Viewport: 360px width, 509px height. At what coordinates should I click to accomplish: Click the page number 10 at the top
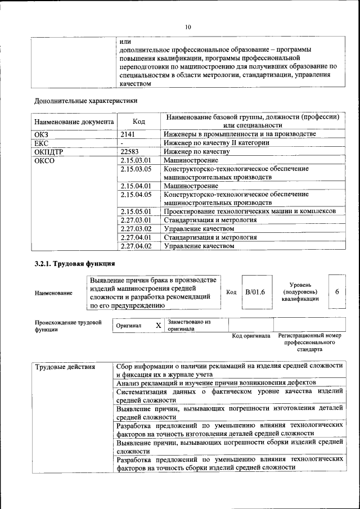(x=188, y=26)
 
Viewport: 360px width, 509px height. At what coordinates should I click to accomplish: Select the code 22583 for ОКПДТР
(x=131, y=152)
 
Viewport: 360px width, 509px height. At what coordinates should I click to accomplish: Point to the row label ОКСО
(x=44, y=161)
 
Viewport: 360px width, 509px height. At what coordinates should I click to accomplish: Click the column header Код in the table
(x=138, y=121)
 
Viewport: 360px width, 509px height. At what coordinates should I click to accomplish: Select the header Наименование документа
(x=74, y=121)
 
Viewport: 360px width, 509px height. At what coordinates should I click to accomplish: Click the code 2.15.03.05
(x=137, y=169)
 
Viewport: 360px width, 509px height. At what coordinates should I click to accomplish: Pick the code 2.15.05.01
(x=137, y=211)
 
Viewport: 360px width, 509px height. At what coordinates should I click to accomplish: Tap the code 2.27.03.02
(x=137, y=229)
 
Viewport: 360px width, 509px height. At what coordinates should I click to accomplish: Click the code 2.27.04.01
(x=137, y=237)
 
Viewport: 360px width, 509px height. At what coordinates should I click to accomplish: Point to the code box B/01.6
(x=255, y=292)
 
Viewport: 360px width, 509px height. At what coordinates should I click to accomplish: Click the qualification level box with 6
(x=336, y=292)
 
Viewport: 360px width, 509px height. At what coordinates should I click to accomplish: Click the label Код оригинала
(x=251, y=336)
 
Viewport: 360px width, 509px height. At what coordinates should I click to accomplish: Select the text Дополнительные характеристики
(x=85, y=101)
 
